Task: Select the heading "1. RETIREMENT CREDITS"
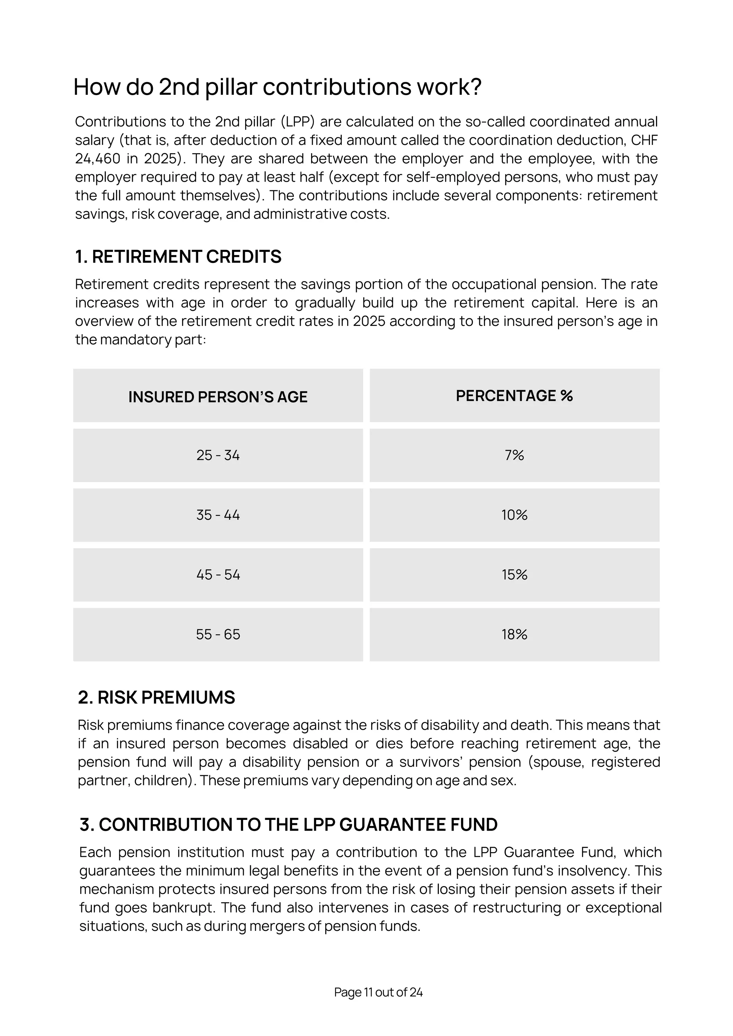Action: [x=178, y=257]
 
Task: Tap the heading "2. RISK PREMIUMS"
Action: [x=156, y=697]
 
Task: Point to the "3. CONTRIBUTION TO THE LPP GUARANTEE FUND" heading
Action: [x=288, y=824]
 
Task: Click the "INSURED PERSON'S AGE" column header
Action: [x=218, y=397]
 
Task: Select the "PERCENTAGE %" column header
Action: [x=514, y=396]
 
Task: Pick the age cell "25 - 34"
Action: [x=218, y=455]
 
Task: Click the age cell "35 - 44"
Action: [x=218, y=515]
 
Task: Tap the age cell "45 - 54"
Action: [x=218, y=575]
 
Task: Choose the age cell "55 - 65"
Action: [x=218, y=634]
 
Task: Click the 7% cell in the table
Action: [x=514, y=455]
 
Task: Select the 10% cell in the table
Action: [x=514, y=515]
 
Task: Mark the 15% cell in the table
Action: [x=514, y=575]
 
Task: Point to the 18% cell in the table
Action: [x=514, y=634]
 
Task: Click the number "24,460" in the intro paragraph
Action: [x=98, y=159]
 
